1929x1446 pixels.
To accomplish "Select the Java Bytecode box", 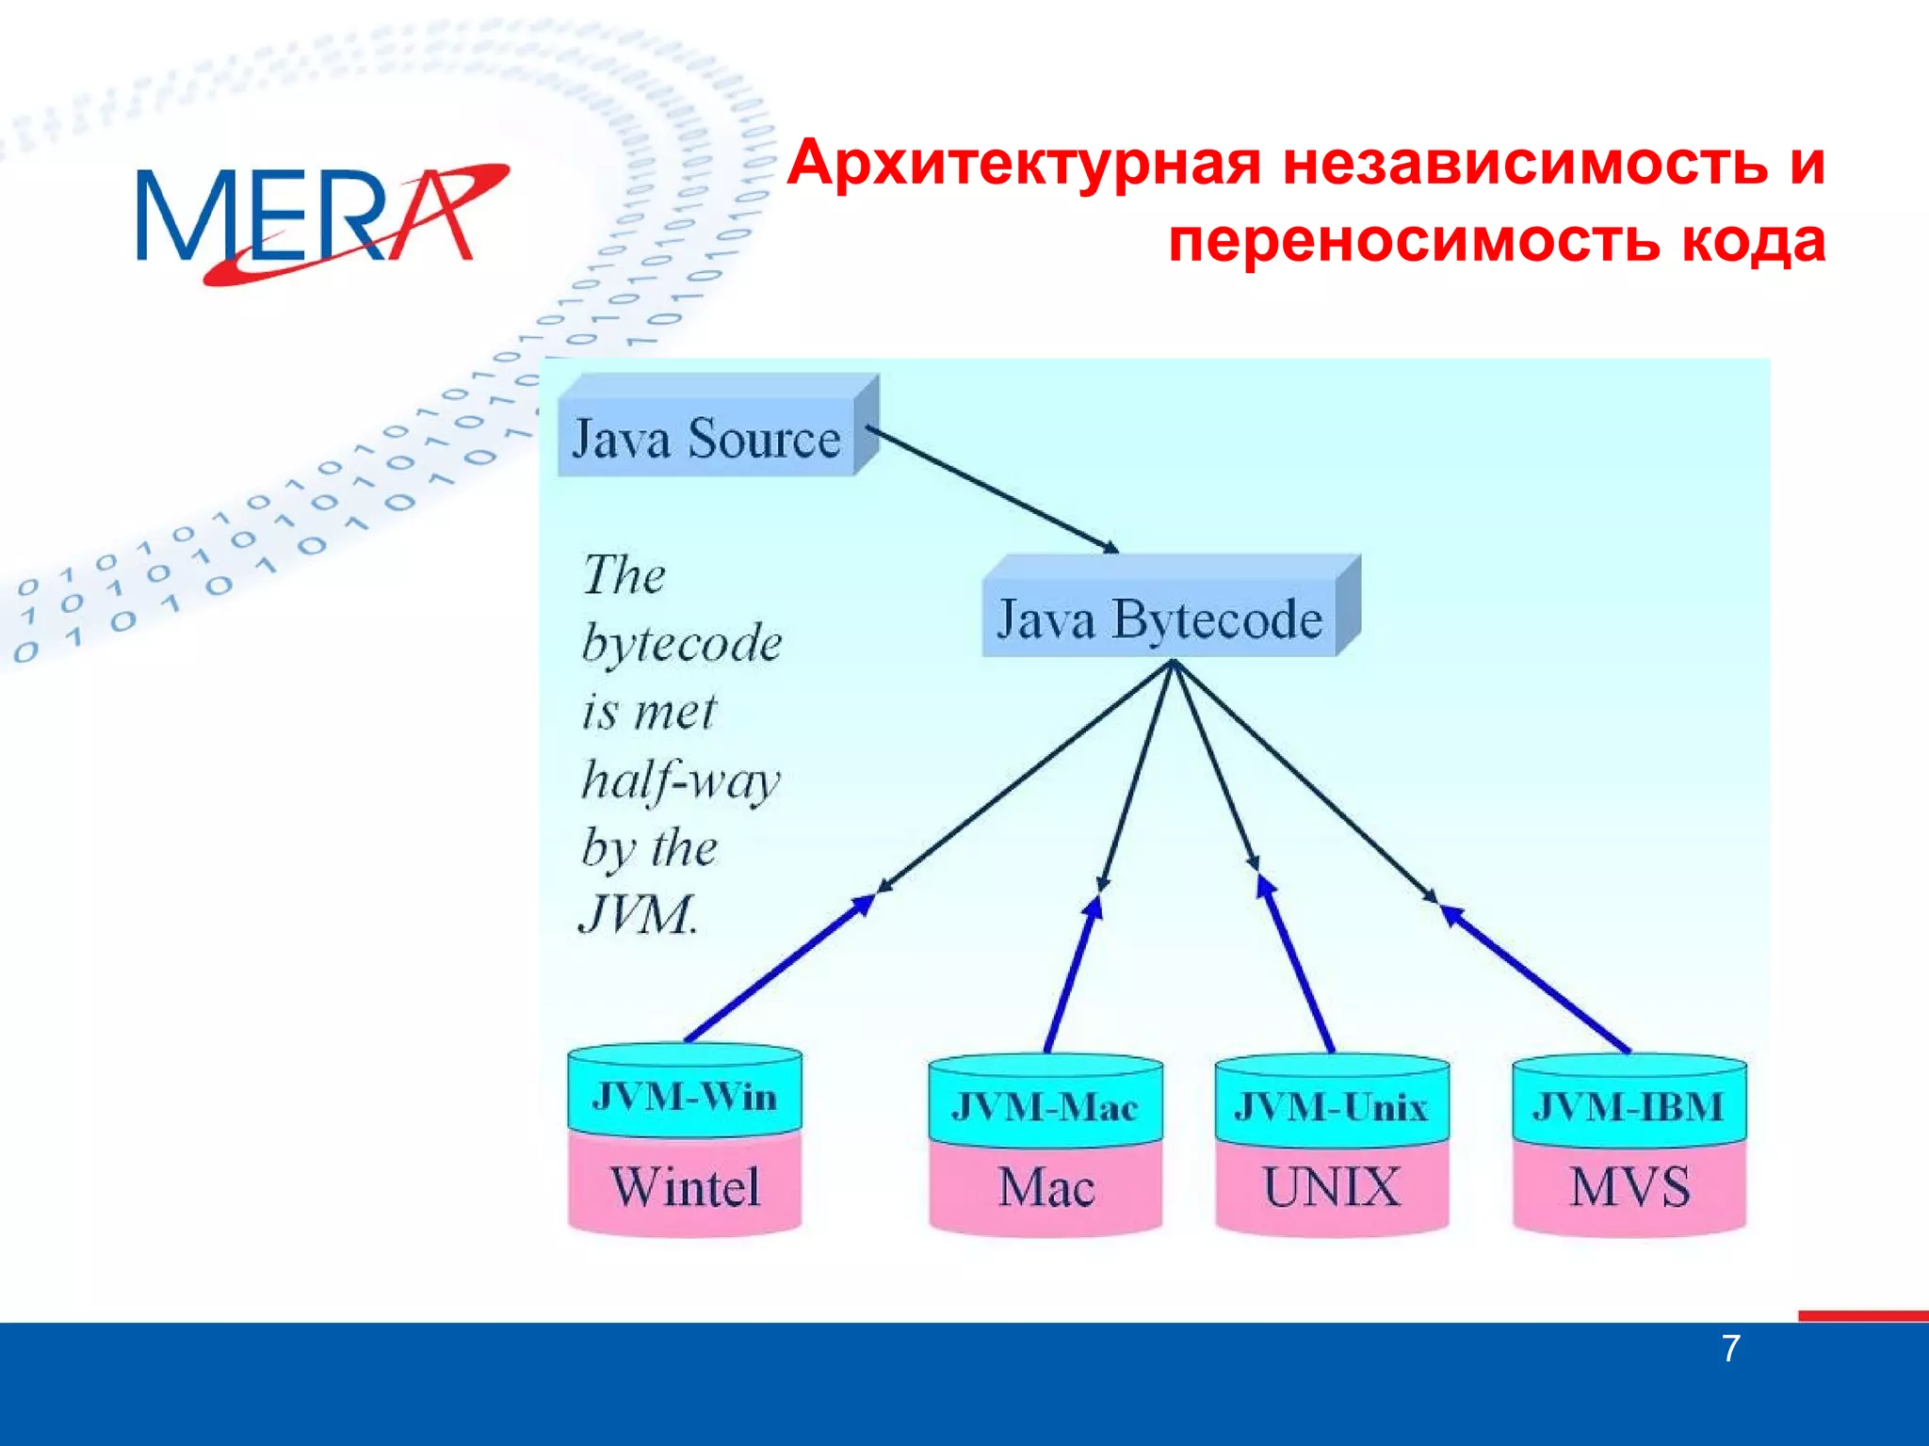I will coord(1159,619).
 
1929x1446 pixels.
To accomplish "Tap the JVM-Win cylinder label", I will coord(685,1097).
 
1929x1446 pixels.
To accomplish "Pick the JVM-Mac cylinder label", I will coord(1046,1106).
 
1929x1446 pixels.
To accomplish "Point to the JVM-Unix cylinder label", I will coord(1332,1106).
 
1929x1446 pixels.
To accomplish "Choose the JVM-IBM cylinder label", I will coord(1629,1106).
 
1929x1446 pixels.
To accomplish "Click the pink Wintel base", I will coord(685,1186).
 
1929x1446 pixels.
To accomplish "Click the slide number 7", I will coord(1731,1349).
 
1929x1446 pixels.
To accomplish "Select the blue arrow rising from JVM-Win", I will coord(777,970).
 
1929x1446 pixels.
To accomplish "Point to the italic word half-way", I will coord(680,780).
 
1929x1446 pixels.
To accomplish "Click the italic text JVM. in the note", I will coord(639,914).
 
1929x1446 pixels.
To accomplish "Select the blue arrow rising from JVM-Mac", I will coord(1072,974).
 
